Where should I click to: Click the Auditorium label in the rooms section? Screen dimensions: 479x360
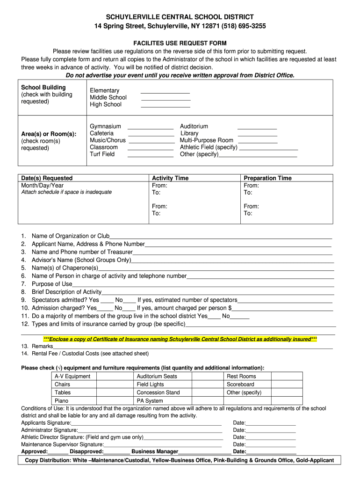[x=194, y=126]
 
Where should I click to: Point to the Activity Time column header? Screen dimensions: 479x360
[x=170, y=178]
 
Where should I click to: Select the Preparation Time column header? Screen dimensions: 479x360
[x=267, y=178]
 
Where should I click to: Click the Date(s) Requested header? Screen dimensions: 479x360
[x=47, y=178]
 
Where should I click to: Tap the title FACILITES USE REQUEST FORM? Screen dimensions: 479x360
[x=180, y=44]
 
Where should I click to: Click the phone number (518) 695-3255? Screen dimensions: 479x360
[x=245, y=26]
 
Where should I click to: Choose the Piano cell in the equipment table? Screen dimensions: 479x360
[x=61, y=401]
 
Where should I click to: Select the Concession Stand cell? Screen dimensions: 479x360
[x=158, y=392]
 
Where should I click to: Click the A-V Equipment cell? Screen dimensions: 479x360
[x=72, y=376]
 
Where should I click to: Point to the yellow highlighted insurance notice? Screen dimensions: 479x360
[x=180, y=339]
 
